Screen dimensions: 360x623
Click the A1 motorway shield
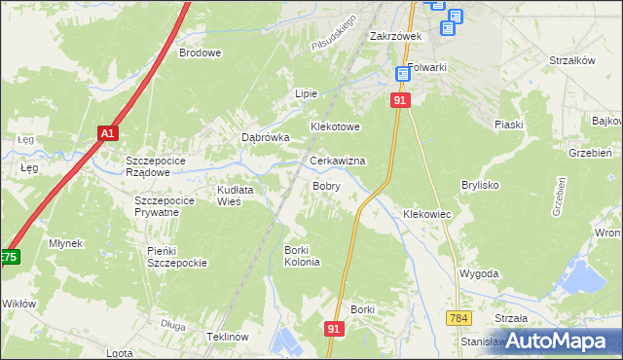pyautogui.click(x=107, y=133)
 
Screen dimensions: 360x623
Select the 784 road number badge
pyautogui.click(x=459, y=318)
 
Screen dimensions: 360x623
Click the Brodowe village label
pyautogui.click(x=201, y=54)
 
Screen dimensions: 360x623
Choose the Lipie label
pyautogui.click(x=307, y=93)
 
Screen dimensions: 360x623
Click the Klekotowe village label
pyautogui.click(x=336, y=127)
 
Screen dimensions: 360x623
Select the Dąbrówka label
pyautogui.click(x=266, y=138)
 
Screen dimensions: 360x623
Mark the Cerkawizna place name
pyautogui.click(x=337, y=161)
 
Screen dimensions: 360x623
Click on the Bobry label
pyautogui.click(x=325, y=185)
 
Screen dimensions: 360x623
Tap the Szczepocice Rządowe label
pyautogui.click(x=162, y=166)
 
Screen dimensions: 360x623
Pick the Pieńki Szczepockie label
pyautogui.click(x=177, y=257)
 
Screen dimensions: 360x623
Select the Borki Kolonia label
pyautogui.click(x=302, y=256)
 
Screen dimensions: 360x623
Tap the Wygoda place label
pyautogui.click(x=479, y=274)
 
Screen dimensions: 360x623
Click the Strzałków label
pyautogui.click(x=571, y=60)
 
